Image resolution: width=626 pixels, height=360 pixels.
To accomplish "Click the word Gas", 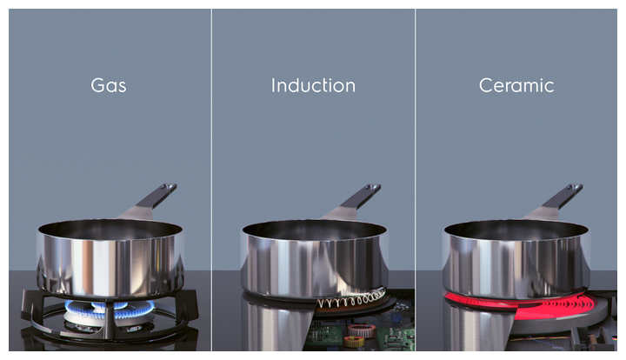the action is click(x=108, y=85).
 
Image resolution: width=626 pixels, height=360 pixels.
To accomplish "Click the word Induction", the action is click(x=313, y=85).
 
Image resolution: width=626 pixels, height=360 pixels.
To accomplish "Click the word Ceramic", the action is click(x=516, y=85).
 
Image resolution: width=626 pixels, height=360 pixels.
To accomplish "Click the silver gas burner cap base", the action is click(x=109, y=318).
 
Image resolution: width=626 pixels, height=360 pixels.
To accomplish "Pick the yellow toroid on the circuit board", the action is click(x=353, y=341).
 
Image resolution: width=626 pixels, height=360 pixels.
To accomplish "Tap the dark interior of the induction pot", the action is click(x=314, y=229).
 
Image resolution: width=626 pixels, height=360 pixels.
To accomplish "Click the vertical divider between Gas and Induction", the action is click(x=211, y=180).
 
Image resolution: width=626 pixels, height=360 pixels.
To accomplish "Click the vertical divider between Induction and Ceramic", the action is click(x=416, y=180).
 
